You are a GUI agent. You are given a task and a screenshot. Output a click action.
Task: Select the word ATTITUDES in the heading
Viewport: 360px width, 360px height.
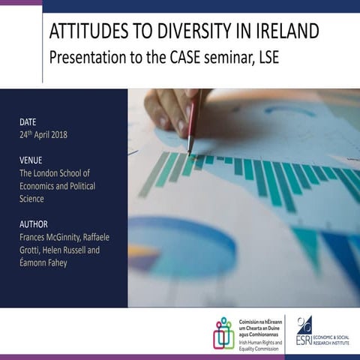pos(88,32)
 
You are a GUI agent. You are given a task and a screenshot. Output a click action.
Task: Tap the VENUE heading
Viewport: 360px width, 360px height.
pos(31,159)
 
